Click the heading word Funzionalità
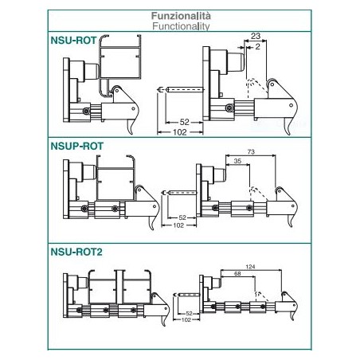(x=181, y=16)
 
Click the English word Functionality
(x=181, y=26)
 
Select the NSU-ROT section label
(x=73, y=41)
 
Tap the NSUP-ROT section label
(x=77, y=146)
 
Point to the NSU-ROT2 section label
(x=76, y=252)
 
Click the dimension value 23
(x=256, y=36)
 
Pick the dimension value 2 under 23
(x=257, y=47)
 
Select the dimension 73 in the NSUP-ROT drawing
(x=251, y=151)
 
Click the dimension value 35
(x=237, y=161)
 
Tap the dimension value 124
(x=250, y=267)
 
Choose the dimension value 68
(x=237, y=273)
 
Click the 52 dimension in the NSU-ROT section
(x=184, y=122)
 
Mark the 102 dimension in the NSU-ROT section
(x=180, y=132)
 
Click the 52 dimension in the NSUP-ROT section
(x=182, y=217)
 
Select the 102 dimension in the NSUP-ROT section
(x=178, y=225)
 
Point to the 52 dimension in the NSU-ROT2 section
(x=189, y=314)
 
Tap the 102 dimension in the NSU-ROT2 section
(x=186, y=319)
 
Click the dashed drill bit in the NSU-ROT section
(x=181, y=89)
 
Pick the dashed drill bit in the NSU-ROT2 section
(x=186, y=295)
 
